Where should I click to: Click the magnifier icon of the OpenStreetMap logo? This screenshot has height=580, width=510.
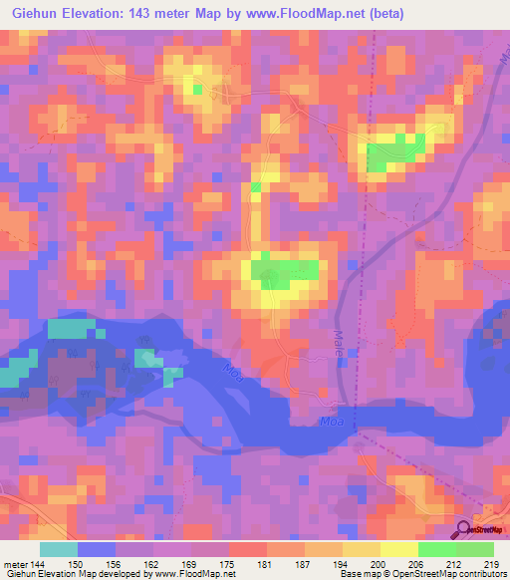pyautogui.click(x=464, y=528)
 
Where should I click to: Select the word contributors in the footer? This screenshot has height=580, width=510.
pyautogui.click(x=479, y=574)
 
